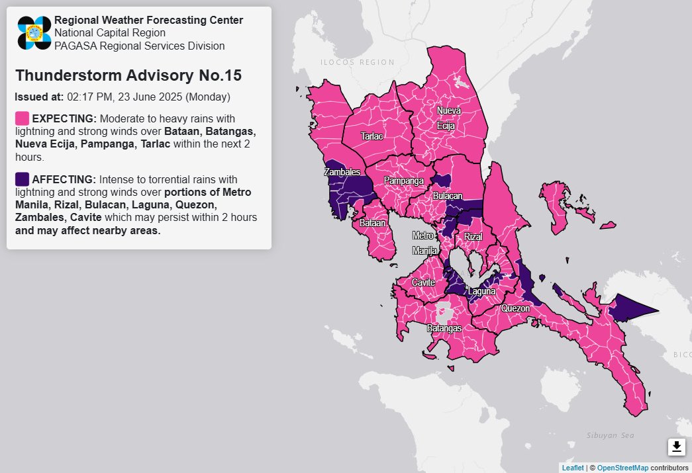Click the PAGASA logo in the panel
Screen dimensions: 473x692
(x=34, y=33)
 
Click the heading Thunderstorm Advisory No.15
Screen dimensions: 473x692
(x=128, y=75)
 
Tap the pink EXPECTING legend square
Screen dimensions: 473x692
(x=22, y=119)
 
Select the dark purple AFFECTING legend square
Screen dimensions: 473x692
(x=22, y=179)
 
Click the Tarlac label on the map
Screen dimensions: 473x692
(x=371, y=136)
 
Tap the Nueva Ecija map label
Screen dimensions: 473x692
(x=448, y=117)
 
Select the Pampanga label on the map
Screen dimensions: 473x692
(x=403, y=181)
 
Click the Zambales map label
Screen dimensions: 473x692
(x=342, y=172)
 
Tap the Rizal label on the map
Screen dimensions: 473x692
(x=473, y=237)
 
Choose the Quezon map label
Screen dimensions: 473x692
(x=515, y=308)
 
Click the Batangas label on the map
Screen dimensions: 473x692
(x=443, y=328)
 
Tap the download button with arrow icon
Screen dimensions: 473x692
(x=676, y=447)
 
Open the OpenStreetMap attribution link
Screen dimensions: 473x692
(x=622, y=468)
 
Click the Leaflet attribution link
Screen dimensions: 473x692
(x=573, y=468)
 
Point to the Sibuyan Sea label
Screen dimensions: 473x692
(x=610, y=435)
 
